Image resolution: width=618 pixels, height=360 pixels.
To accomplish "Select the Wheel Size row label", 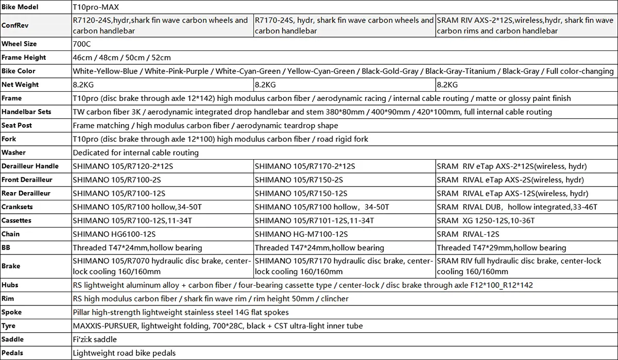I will pos(19,44).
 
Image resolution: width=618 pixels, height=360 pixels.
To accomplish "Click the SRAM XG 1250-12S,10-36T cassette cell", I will pos(486,220).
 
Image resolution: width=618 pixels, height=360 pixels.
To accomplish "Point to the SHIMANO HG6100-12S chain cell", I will pos(114,234).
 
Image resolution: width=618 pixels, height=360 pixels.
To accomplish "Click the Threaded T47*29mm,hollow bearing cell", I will pos(501,248).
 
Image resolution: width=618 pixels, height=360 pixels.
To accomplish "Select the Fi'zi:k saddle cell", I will pos(95,339).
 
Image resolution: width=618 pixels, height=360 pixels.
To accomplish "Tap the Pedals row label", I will pos(12,353).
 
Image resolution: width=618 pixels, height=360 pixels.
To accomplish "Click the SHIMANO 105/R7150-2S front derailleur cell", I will pos(299,180).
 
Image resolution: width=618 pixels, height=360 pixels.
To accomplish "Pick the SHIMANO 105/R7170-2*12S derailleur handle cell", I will pos(305,166).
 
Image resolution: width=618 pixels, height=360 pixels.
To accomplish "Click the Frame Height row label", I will pos(24,58).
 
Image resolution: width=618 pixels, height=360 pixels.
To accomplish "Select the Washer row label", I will pos(13,152).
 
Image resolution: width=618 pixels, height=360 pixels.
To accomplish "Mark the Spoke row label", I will pos(12,312).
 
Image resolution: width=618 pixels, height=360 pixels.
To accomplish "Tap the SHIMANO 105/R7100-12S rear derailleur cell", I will pos(119,194).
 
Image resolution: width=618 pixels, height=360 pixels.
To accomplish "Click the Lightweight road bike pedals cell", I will pos(124,353).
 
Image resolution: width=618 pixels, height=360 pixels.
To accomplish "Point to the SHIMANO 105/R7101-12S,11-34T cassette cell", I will pos(314,220).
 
